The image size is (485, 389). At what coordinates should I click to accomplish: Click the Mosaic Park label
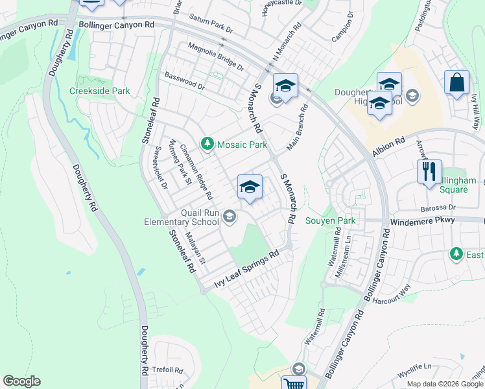tap(241, 145)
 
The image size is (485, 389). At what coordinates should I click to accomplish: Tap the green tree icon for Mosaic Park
tap(207, 143)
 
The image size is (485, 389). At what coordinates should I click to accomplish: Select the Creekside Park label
tap(100, 91)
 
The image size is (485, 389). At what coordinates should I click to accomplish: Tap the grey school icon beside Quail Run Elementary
tap(230, 217)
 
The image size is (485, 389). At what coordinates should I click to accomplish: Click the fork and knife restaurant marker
tap(430, 172)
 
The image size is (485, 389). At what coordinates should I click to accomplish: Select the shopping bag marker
tap(456, 82)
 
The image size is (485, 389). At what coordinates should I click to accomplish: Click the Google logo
tap(21, 381)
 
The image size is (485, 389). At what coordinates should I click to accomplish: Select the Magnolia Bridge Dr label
tap(215, 56)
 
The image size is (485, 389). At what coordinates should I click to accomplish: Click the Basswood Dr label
tap(185, 81)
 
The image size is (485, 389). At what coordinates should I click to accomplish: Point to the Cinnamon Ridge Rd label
tap(196, 171)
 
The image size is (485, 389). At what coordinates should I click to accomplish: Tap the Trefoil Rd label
tap(167, 370)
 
